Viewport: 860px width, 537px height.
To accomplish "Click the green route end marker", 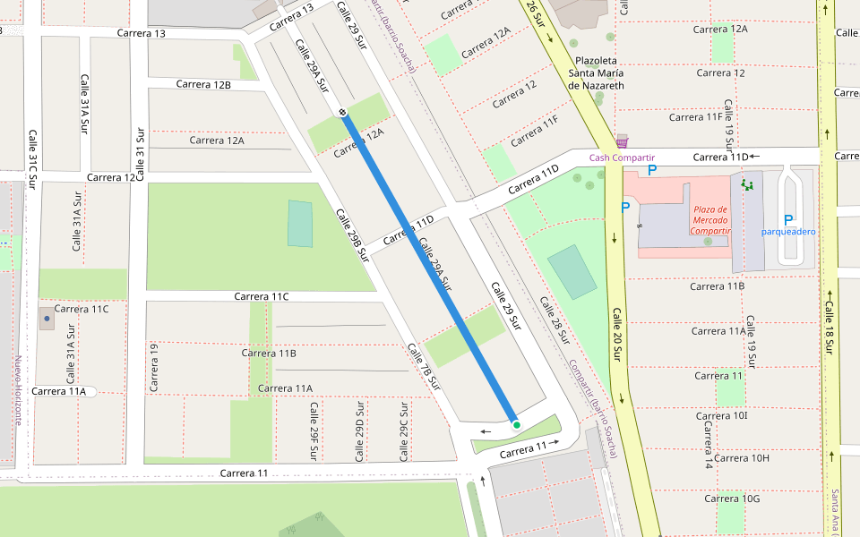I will [x=516, y=425].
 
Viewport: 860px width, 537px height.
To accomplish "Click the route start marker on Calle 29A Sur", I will [x=342, y=112].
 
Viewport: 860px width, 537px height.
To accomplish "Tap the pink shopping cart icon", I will [x=622, y=142].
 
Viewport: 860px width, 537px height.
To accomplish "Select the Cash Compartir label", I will [x=622, y=158].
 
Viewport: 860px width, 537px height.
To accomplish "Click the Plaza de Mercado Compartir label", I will [x=710, y=219].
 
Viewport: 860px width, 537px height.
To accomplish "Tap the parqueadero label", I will [x=788, y=231].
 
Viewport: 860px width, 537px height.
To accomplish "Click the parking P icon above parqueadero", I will [x=788, y=219].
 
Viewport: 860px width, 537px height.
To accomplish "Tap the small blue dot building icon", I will [x=47, y=318].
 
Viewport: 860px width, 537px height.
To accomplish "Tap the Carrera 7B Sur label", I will [x=425, y=368].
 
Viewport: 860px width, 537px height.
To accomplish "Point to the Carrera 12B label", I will [x=203, y=84].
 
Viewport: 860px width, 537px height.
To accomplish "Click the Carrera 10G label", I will [x=732, y=499].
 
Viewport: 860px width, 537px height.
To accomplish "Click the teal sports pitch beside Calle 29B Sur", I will [x=300, y=224].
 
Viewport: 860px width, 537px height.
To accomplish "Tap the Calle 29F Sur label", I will [x=314, y=430].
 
